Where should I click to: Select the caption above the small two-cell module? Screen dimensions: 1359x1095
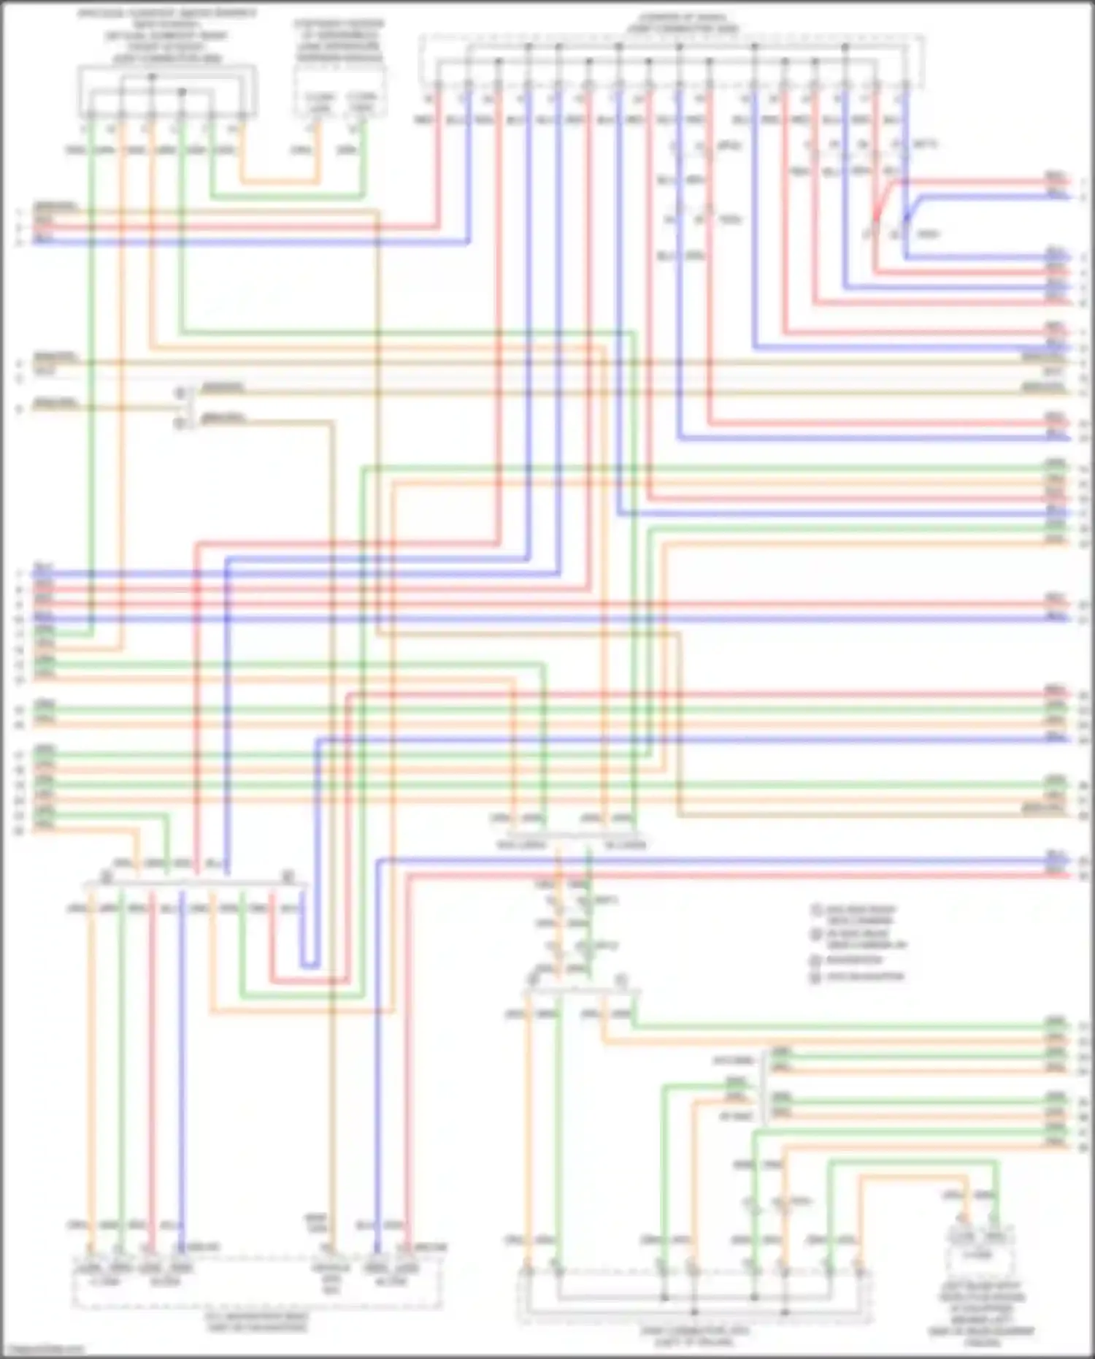pos(339,42)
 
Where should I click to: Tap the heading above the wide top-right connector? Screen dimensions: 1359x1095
pos(683,23)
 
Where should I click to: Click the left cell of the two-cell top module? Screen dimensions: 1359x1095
pos(318,103)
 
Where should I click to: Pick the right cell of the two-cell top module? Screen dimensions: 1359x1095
pos(361,103)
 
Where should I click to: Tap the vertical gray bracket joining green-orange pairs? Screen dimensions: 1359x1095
pos(764,1085)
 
